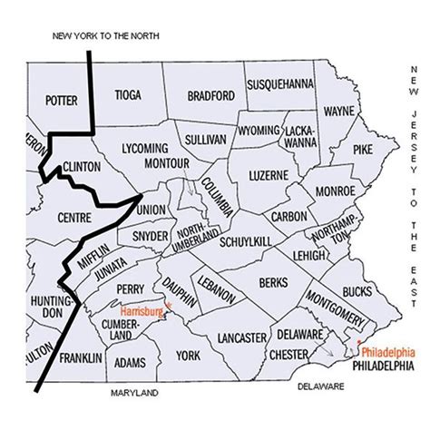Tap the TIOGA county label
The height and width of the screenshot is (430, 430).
tap(128, 94)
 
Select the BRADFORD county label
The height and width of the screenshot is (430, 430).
tap(211, 95)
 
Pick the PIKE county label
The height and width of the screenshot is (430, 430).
tap(362, 148)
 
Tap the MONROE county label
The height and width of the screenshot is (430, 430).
tap(336, 192)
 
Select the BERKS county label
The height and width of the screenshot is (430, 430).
tap(272, 283)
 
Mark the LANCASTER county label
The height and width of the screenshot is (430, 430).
tap(240, 338)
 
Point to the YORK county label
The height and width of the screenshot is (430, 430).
tap(188, 355)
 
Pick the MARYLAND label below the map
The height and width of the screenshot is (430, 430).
tap(134, 394)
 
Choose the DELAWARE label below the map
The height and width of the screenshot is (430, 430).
tap(323, 386)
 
